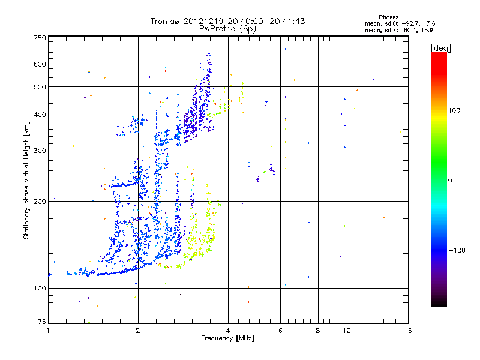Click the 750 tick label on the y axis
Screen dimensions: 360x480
[x=40, y=38]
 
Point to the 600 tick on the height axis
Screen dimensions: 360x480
[x=40, y=64]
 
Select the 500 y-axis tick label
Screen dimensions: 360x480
[x=40, y=88]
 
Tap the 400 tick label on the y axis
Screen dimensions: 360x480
[x=40, y=115]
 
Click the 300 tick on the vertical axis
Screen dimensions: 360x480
[x=40, y=151]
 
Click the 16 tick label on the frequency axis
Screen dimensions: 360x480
[x=407, y=331]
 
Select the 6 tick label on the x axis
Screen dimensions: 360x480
[x=280, y=331]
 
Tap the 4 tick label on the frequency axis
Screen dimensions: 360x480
[x=227, y=331]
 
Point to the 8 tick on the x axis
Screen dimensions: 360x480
[x=318, y=331]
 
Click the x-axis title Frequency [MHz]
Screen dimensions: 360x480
[x=227, y=339]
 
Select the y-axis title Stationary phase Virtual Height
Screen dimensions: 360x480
[x=26, y=180]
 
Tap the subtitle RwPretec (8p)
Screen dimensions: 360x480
[x=228, y=28]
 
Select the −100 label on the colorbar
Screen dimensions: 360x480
[x=458, y=250]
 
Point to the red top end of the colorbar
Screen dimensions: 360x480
[x=439, y=56]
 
